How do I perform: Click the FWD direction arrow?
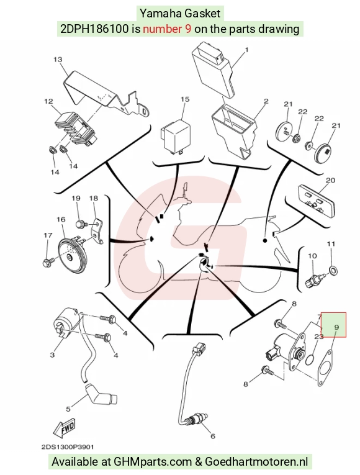pyautogui.click(x=63, y=428)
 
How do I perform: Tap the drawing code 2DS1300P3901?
pyautogui.click(x=68, y=447)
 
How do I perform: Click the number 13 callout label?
pyautogui.click(x=58, y=60)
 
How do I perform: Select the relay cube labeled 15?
pyautogui.click(x=175, y=137)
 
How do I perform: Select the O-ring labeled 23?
pyautogui.click(x=310, y=361)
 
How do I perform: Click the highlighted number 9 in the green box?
pyautogui.click(x=336, y=327)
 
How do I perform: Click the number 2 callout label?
pyautogui.click(x=266, y=101)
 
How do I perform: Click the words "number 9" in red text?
pyautogui.click(x=167, y=29)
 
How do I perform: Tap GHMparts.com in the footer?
pyautogui.click(x=153, y=462)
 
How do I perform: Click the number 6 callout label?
pyautogui.click(x=213, y=436)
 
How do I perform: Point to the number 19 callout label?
pyautogui.click(x=76, y=199)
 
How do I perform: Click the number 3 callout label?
pyautogui.click(x=52, y=355)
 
